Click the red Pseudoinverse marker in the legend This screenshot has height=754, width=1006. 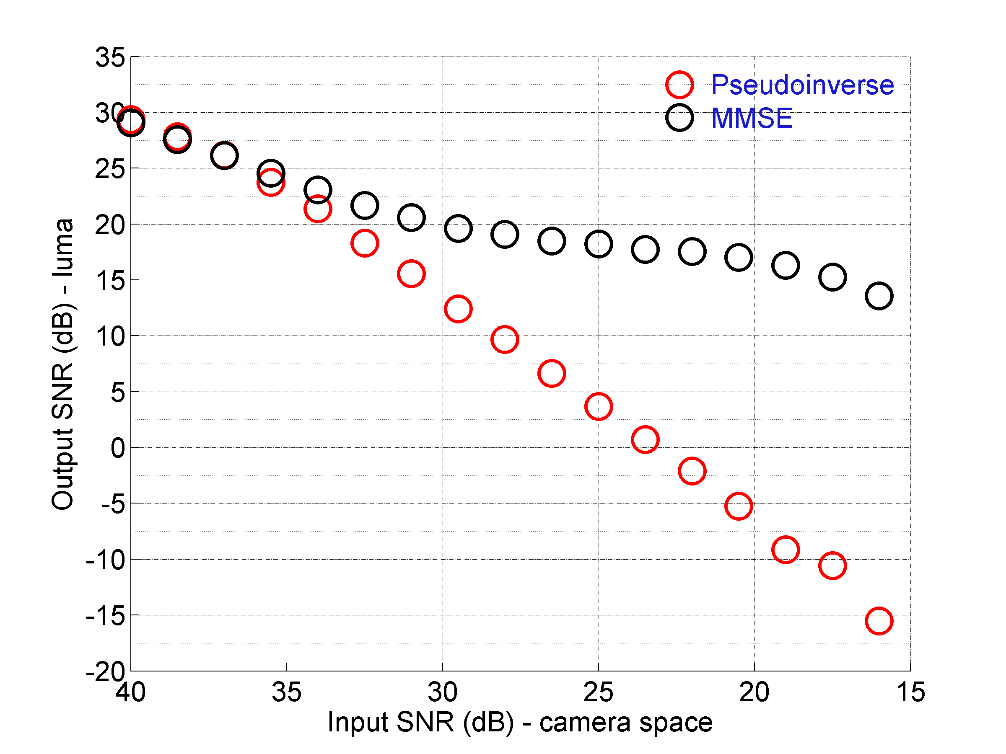pyautogui.click(x=679, y=85)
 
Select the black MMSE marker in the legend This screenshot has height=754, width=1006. pyautogui.click(x=679, y=118)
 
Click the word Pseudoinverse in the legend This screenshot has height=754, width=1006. pyautogui.click(x=802, y=85)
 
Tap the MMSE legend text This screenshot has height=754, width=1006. pyautogui.click(x=751, y=118)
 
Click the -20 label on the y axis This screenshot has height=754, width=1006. pyautogui.click(x=105, y=671)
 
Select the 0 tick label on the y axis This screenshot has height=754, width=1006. pyautogui.click(x=117, y=448)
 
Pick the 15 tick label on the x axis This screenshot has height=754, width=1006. pyautogui.click(x=910, y=692)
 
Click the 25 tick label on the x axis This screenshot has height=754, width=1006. pyautogui.click(x=598, y=692)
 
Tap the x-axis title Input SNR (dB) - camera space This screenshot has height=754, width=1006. pyautogui.click(x=520, y=722)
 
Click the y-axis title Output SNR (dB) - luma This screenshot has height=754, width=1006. pyautogui.click(x=62, y=364)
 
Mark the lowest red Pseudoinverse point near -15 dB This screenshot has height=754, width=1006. pyautogui.click(x=879, y=620)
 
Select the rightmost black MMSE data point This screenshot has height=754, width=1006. pyautogui.click(x=879, y=296)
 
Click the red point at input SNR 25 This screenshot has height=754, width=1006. pyautogui.click(x=598, y=406)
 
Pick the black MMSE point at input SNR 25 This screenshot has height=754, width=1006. pyautogui.click(x=598, y=244)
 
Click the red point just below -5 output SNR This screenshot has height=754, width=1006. pyautogui.click(x=738, y=506)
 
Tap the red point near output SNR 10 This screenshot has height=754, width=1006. pyautogui.click(x=504, y=339)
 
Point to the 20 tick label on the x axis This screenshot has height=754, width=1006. pyautogui.click(x=754, y=692)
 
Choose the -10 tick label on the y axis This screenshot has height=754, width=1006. pyautogui.click(x=105, y=560)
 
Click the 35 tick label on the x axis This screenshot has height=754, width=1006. pyautogui.click(x=287, y=692)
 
